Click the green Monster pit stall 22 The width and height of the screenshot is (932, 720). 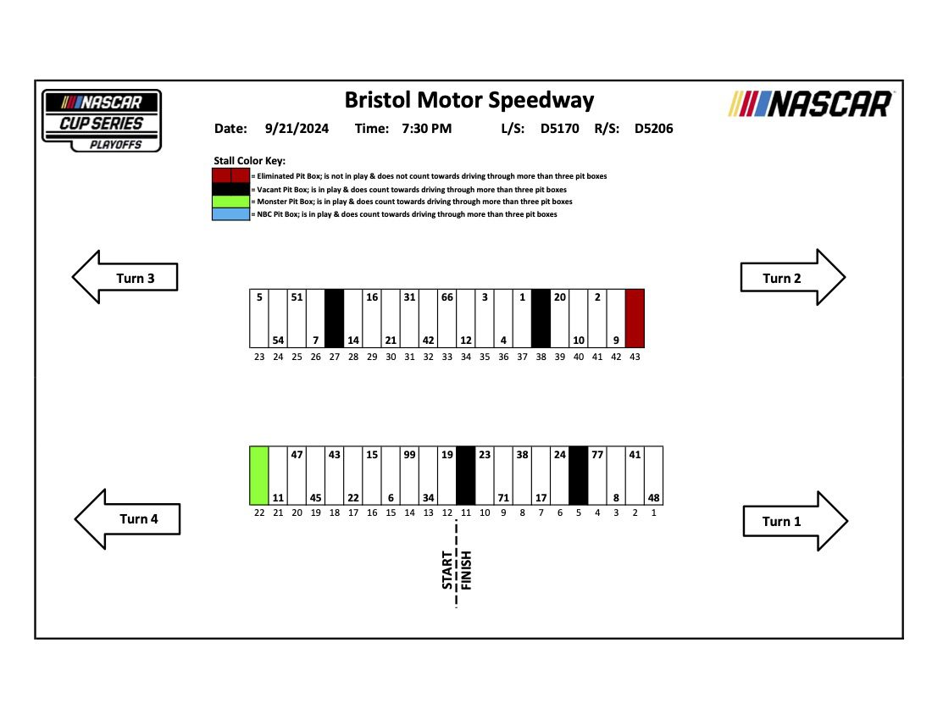tap(259, 475)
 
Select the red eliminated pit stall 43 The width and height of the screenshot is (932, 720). tap(635, 318)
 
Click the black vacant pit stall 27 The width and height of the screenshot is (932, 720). tap(334, 318)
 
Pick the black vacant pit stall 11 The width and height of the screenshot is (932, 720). tap(465, 475)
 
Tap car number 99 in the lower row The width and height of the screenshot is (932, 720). tap(409, 455)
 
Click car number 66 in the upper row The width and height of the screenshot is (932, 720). tap(447, 297)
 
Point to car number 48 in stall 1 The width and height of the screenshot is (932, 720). tap(653, 497)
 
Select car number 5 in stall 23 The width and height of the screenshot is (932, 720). tap(258, 297)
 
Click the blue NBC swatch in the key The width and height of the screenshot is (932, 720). tap(230, 215)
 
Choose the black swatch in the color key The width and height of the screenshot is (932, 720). tap(230, 189)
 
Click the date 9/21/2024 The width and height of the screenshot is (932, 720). tap(295, 129)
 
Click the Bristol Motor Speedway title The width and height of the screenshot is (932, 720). tap(469, 100)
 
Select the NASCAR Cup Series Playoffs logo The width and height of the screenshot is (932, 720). tap(102, 120)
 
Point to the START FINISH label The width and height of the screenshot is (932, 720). tap(457, 569)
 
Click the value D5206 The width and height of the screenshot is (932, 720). tap(653, 129)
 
